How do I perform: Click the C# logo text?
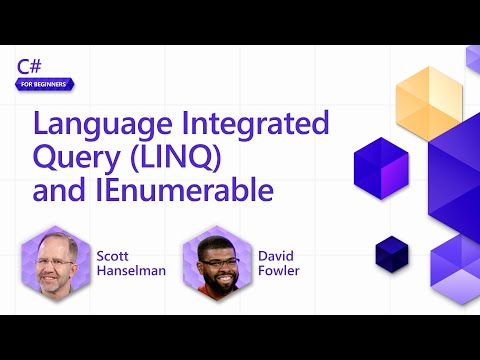pos(28,66)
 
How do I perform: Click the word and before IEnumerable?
pos(57,189)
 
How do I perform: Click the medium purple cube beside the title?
pos(381,166)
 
